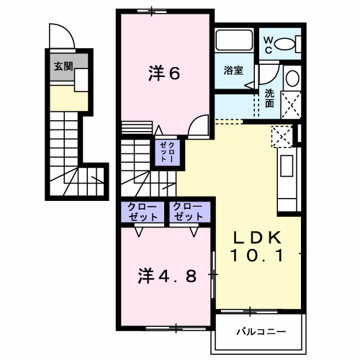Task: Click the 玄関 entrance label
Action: (63, 66)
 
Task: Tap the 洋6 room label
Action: (164, 73)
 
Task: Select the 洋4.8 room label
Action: (167, 276)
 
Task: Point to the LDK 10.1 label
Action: (257, 246)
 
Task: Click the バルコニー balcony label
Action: (261, 332)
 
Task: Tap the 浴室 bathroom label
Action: (233, 71)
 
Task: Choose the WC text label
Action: (268, 45)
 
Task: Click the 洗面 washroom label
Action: (269, 98)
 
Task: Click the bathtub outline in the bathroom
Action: (234, 40)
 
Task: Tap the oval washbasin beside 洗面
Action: (292, 78)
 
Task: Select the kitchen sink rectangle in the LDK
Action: (287, 166)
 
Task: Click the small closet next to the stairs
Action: (167, 152)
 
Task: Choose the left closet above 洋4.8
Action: (143, 212)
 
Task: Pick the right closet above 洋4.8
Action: (190, 212)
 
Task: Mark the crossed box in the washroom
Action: (291, 105)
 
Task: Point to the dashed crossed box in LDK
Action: (282, 136)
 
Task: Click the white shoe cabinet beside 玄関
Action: (81, 80)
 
